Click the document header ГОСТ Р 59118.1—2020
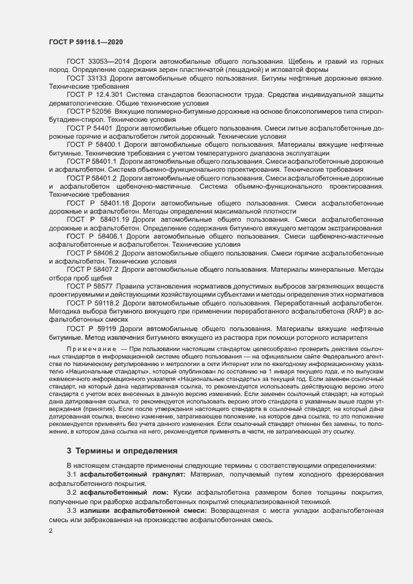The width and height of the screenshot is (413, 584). tap(85, 41)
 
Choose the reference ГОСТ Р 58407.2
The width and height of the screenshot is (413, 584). tap(92, 269)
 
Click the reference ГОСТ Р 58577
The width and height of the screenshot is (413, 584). tap(89, 285)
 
